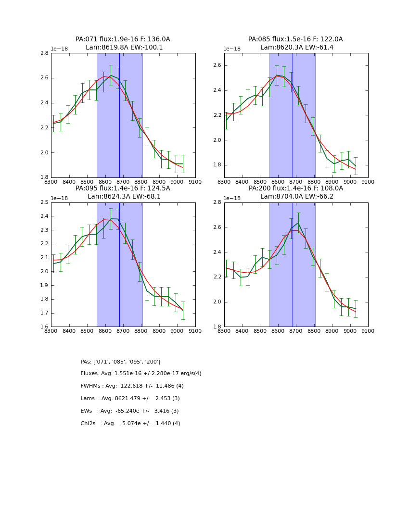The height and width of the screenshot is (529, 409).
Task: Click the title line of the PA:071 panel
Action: pos(123,39)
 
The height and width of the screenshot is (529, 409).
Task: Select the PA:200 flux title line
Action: pos(295,189)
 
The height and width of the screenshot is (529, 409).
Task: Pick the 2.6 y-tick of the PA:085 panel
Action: pos(217,65)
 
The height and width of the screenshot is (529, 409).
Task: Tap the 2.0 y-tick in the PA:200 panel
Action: pos(217,302)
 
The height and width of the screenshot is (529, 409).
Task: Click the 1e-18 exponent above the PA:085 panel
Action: pos(232,49)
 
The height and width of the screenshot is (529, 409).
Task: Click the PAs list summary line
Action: pos(120,362)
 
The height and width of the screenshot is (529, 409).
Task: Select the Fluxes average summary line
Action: pos(141,374)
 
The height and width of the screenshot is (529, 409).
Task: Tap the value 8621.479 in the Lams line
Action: pos(125,399)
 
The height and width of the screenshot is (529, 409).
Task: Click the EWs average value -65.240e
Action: pos(127,411)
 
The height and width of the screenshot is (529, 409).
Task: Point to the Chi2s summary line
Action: pos(130,424)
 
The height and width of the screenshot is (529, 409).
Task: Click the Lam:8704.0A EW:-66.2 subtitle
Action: pos(295,197)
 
